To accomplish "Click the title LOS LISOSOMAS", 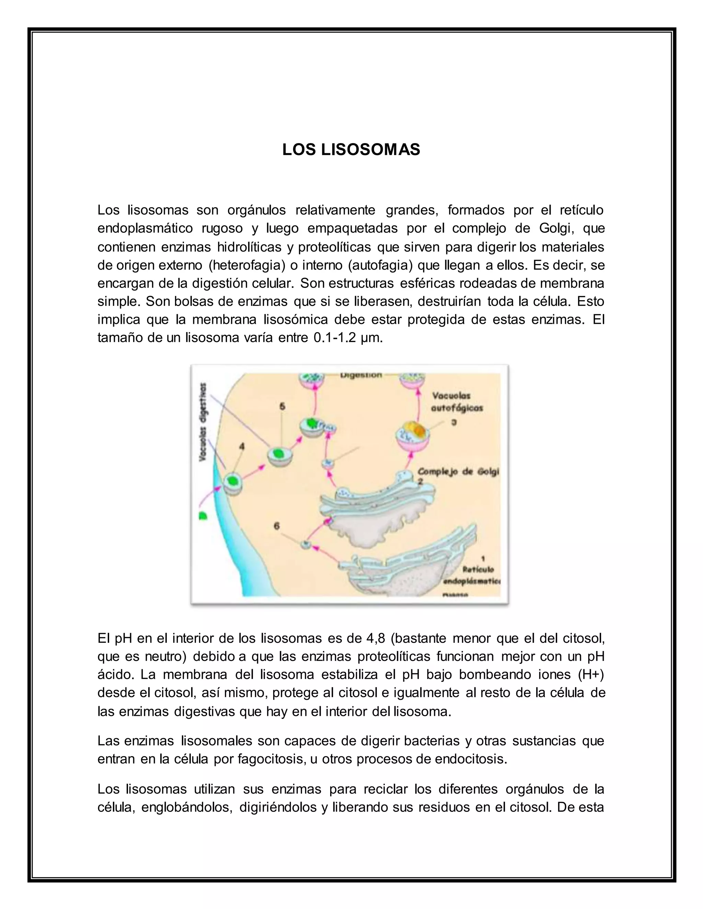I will point(351,150).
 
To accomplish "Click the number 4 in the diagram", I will point(242,447).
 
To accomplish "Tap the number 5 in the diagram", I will point(283,406).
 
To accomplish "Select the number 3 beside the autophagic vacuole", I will point(454,422).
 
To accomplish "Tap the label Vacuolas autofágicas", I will point(457,402).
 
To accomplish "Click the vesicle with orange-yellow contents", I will point(412,433).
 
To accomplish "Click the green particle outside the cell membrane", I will point(203,516).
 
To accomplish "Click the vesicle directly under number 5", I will point(279,454).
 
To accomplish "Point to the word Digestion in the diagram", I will point(361,375).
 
